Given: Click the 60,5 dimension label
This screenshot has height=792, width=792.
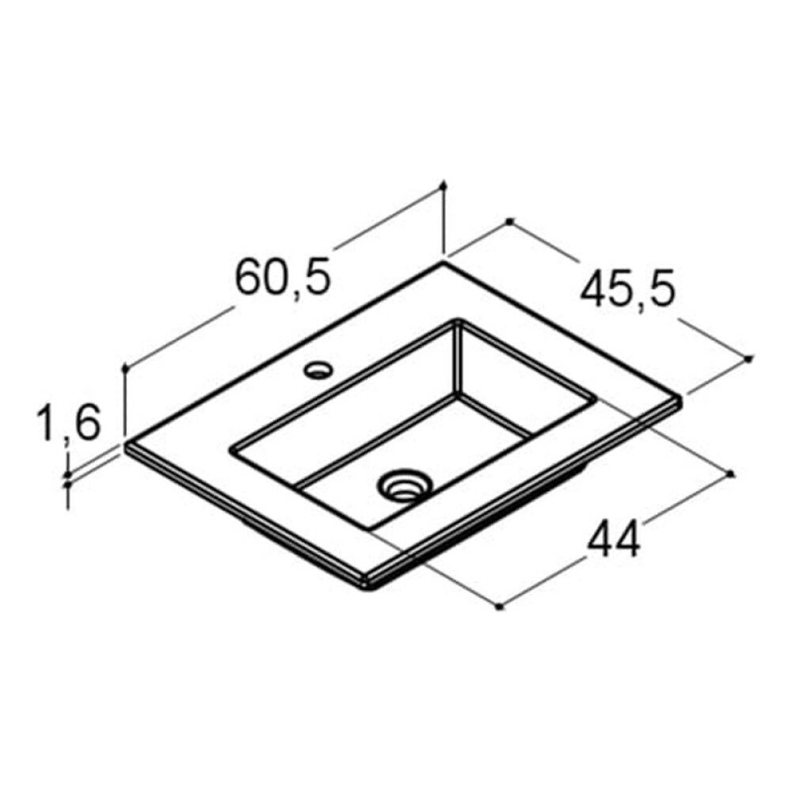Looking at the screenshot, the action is tap(283, 276).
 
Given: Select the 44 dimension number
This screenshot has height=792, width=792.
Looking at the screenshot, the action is tap(614, 539).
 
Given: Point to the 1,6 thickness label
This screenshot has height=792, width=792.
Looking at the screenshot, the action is tap(67, 422).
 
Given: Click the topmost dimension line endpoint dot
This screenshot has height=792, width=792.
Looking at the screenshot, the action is tap(444, 186).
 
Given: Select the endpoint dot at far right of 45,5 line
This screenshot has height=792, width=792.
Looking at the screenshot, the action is tap(748, 359).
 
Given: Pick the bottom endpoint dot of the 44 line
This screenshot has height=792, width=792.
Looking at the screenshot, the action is tap(499, 606).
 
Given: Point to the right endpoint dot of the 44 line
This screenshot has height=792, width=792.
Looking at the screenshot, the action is tap(731, 474).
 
